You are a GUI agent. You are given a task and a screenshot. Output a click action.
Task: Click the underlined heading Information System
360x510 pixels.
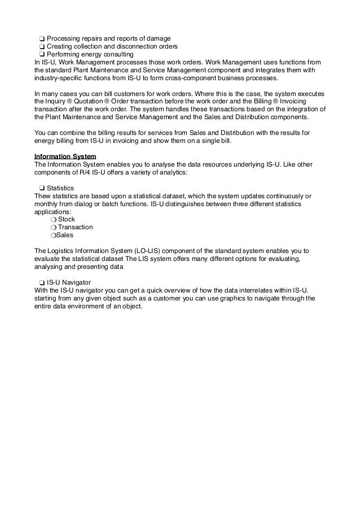(65, 156)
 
